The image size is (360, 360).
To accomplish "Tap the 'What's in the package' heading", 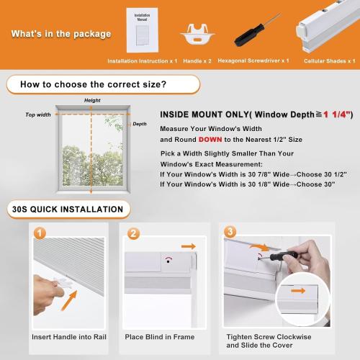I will point(61,34).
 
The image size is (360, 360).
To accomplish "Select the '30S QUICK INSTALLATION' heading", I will point(67,210).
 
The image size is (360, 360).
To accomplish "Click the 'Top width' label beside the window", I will point(38,114).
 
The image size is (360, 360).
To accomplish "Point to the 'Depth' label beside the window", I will point(139,124).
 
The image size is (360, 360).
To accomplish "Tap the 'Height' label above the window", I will point(92,100).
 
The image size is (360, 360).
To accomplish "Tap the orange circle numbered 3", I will point(230,233).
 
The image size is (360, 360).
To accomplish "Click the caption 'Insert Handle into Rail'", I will point(68,337).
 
